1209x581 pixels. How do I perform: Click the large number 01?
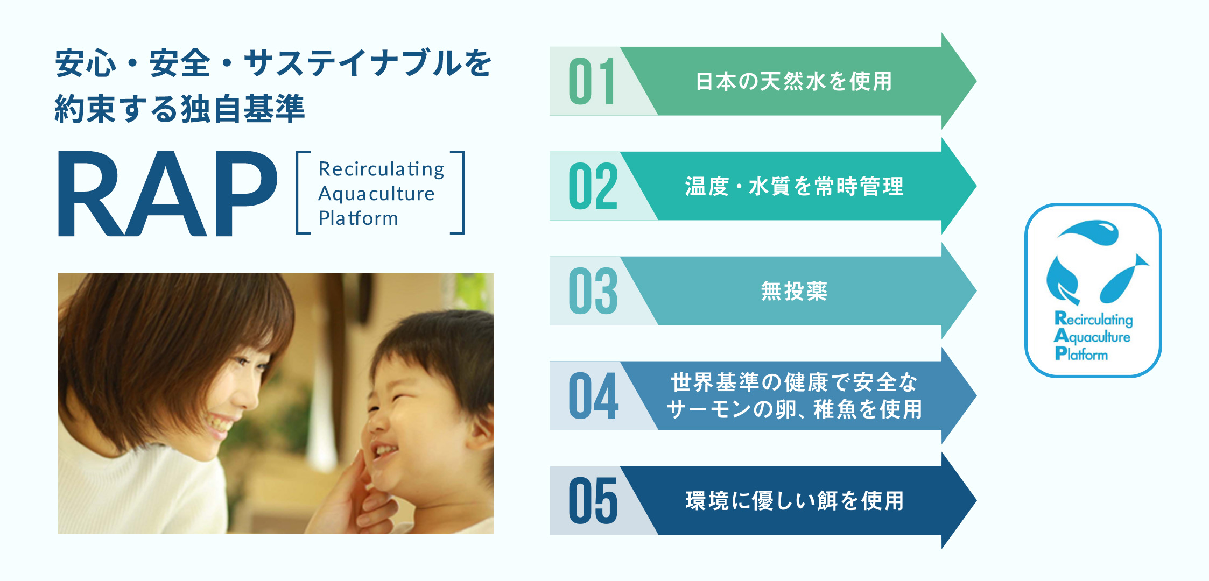coord(592,81)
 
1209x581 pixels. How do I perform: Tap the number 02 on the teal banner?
coord(593,186)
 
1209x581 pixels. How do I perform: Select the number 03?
coord(593,291)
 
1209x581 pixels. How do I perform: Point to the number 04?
coord(593,396)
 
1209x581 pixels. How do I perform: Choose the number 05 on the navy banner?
coord(593,501)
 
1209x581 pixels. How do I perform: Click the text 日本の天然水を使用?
coord(794,82)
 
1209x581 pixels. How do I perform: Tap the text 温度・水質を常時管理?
coord(794,187)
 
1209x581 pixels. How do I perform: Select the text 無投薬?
coord(794,292)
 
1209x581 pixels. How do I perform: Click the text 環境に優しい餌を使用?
coord(794,501)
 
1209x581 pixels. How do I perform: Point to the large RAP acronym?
coord(167,194)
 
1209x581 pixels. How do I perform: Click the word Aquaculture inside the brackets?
coord(376,194)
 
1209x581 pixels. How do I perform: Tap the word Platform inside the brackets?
coord(358,218)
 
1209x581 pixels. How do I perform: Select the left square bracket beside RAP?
coord(301,193)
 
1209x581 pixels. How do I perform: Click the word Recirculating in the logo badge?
coord(1093,319)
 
